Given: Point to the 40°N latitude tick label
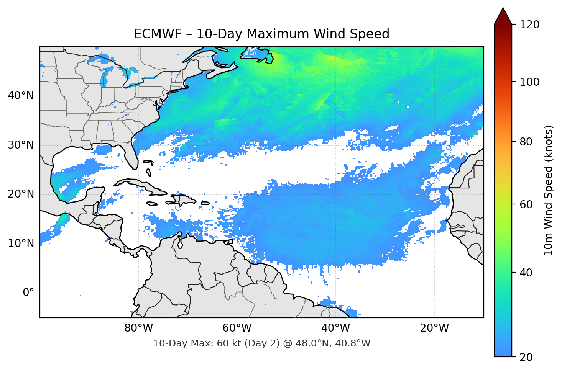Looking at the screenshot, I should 21,96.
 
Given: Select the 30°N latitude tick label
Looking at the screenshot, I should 21,145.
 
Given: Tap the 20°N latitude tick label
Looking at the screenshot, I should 21,194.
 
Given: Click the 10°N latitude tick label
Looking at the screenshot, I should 21,244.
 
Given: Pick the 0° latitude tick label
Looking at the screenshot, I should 28,293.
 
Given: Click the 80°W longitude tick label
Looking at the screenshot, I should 138,328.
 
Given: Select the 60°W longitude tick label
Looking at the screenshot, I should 237,328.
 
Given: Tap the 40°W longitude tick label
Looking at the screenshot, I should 335,328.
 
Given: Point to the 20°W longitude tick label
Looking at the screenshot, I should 434,328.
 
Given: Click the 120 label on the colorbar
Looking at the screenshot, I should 529,25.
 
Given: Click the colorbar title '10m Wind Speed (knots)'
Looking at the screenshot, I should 549,190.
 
